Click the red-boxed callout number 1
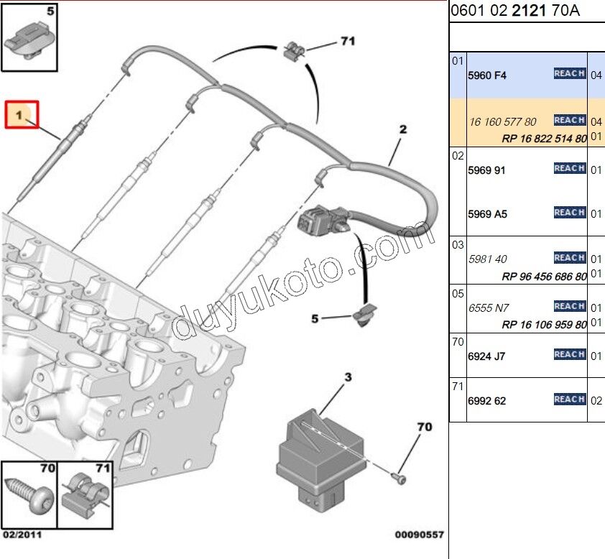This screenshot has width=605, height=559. (x=22, y=115)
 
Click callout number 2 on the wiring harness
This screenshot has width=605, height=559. (x=403, y=130)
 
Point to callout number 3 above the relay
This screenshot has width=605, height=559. (x=348, y=376)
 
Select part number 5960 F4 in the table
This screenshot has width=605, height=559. (x=487, y=75)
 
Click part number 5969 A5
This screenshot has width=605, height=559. (x=487, y=214)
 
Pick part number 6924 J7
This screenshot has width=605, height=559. (x=486, y=355)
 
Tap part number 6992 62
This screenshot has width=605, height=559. (x=486, y=401)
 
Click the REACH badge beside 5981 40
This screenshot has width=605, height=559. (x=569, y=257)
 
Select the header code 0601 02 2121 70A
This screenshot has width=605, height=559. (x=514, y=11)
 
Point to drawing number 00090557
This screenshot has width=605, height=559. (x=419, y=535)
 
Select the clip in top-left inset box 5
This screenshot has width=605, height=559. (x=27, y=42)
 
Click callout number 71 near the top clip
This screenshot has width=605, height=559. (x=348, y=42)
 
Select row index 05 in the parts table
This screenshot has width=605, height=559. (x=458, y=295)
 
